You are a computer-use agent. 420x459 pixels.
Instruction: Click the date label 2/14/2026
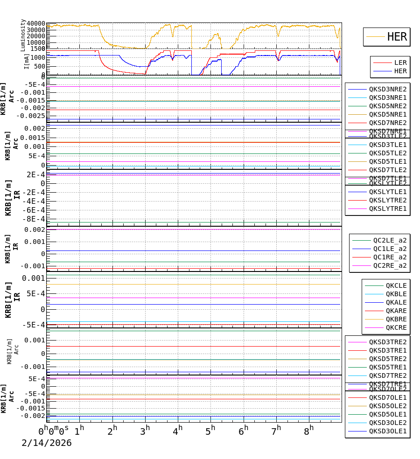coord(47,443)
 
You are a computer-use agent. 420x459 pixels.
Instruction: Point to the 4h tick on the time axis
coord(177,431)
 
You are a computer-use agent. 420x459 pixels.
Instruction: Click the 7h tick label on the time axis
coord(276,431)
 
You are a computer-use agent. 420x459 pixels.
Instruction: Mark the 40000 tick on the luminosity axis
coord(36,24)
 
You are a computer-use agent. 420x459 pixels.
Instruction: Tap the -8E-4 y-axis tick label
coord(35,219)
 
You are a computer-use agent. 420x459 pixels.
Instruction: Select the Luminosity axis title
coord(23,35)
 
